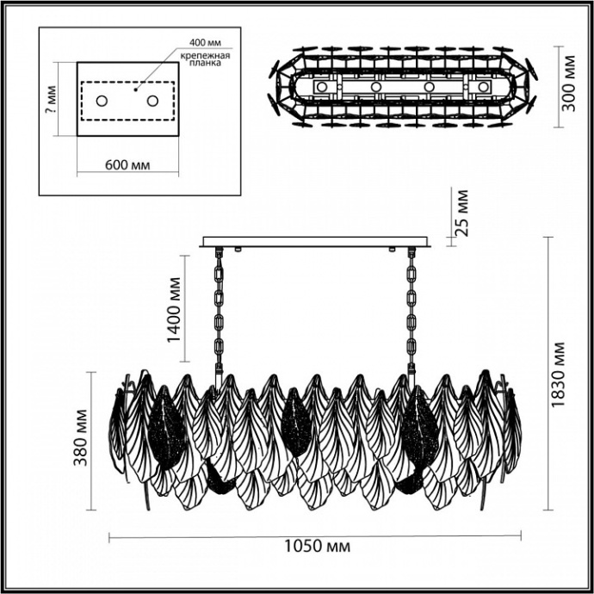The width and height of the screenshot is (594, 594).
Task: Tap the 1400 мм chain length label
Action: coord(176,310)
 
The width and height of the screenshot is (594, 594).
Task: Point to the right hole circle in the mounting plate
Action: coord(152,101)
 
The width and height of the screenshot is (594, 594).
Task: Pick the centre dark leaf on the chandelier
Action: coord(295,422)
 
